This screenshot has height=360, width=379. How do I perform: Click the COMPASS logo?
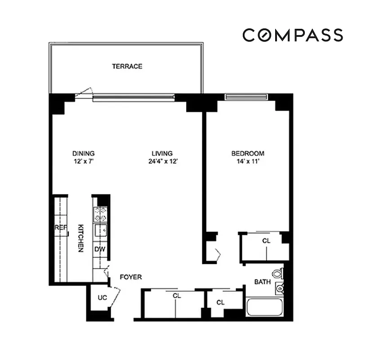(293, 35)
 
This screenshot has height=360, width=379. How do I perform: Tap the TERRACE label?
(127, 67)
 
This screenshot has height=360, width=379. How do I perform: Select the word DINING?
(83, 153)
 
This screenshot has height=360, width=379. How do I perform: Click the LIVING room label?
(161, 153)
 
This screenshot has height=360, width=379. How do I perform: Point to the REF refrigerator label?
(61, 228)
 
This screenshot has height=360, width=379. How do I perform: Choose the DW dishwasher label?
(99, 248)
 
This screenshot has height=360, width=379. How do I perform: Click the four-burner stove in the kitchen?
(100, 214)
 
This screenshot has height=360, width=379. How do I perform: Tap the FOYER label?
(130, 277)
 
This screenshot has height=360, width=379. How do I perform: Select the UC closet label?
(102, 298)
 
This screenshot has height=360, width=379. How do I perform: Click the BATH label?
(262, 282)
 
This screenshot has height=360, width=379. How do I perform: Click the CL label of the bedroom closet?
(266, 241)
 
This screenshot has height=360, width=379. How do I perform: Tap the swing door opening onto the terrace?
(84, 93)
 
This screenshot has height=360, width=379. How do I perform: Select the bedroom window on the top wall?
(246, 96)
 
